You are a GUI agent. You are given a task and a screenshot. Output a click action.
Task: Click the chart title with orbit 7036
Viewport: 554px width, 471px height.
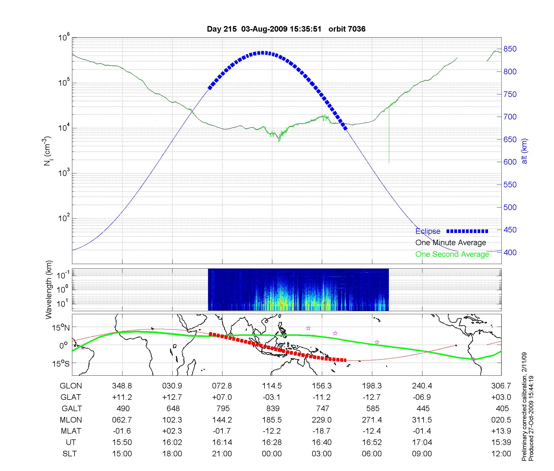(286, 29)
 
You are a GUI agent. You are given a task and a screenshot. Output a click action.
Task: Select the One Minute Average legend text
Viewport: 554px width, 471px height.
(451, 243)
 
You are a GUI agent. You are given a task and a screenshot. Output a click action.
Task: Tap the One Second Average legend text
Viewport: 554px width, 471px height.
(452, 254)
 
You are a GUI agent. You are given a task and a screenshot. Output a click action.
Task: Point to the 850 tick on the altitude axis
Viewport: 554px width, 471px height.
(510, 49)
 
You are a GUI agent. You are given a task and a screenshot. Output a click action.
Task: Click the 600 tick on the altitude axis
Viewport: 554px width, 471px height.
(510, 162)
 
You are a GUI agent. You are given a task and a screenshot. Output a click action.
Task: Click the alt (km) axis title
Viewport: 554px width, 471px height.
(524, 151)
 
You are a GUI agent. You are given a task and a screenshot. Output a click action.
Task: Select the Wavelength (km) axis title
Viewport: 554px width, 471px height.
(49, 290)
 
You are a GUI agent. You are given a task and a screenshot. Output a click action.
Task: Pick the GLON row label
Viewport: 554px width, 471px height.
(71, 386)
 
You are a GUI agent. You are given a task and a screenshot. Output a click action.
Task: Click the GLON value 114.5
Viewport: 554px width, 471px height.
(272, 386)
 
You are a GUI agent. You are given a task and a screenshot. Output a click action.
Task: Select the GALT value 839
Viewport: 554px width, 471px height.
(273, 408)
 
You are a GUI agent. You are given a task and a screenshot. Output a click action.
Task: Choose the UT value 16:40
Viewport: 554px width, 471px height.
(322, 442)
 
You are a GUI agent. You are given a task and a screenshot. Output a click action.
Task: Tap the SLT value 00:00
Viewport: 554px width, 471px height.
(272, 454)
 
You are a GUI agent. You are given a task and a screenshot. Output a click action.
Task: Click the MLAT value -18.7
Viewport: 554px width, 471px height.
(322, 431)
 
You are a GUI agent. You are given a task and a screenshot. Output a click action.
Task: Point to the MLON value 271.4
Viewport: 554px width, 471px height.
(372, 420)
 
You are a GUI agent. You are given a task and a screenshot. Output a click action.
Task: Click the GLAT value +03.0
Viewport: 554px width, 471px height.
(501, 397)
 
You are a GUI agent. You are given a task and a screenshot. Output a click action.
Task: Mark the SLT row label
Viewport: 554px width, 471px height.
(70, 454)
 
